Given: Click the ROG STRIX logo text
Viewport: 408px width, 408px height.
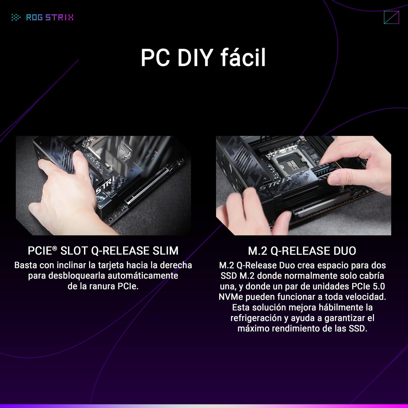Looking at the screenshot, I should [x=50, y=17].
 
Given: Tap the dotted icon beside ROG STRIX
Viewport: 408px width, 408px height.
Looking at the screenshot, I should [x=16, y=17].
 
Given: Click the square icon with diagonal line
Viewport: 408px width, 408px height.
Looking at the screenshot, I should [x=391, y=17].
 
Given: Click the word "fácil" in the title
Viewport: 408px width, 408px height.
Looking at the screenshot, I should [x=243, y=57].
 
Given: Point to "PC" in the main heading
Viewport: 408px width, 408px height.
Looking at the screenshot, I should [x=155, y=58].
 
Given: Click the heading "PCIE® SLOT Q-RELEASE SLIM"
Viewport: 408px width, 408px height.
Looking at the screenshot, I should [x=103, y=251].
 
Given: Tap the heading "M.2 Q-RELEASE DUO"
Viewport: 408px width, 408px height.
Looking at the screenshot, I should [x=302, y=251].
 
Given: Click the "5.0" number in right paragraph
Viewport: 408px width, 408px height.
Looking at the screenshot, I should [x=379, y=286].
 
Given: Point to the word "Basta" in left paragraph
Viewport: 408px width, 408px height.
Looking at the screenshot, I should [x=26, y=265].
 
